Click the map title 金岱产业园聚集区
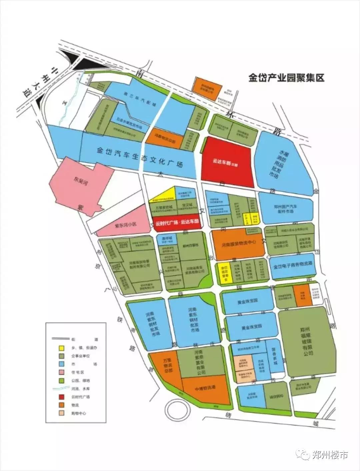point(286,78)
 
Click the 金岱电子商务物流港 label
point(293,267)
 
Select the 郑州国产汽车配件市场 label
point(286,209)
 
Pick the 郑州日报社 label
point(190,245)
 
